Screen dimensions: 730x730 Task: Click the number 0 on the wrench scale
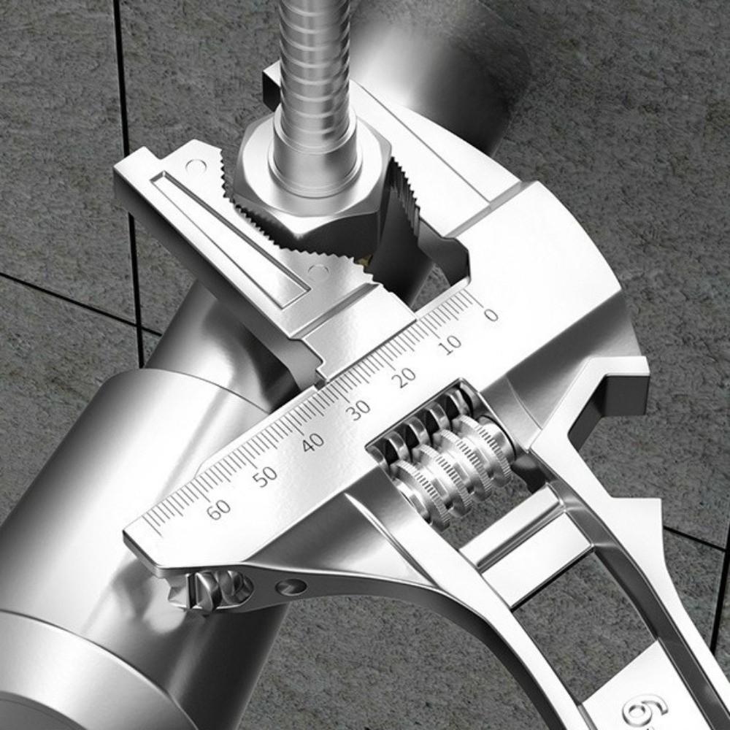pyautogui.click(x=491, y=315)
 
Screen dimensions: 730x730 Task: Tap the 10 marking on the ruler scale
pyautogui.click(x=451, y=344)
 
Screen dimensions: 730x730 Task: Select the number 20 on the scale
pyautogui.click(x=404, y=377)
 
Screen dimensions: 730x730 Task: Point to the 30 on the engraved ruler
pyautogui.click(x=358, y=410)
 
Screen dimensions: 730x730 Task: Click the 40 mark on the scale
pyautogui.click(x=312, y=442)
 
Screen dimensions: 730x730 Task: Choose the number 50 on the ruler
pyautogui.click(x=265, y=475)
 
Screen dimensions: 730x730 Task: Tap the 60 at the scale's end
pyautogui.click(x=218, y=510)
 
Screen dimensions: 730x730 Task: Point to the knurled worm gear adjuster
pyautogui.click(x=445, y=456)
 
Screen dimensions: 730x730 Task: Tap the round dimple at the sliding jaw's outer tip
pyautogui.click(x=195, y=167)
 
